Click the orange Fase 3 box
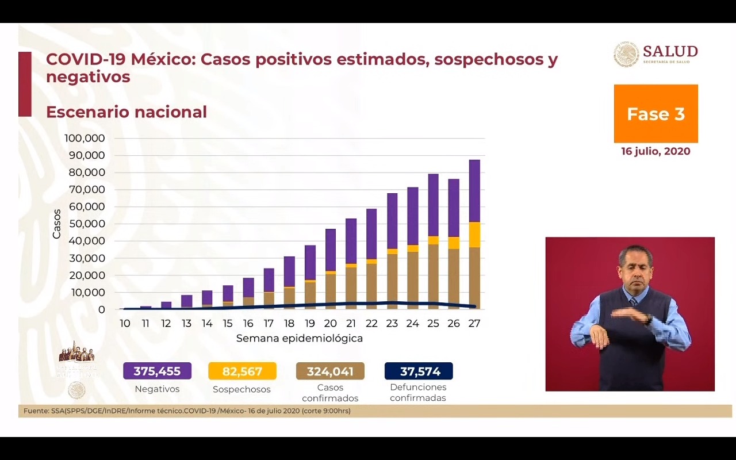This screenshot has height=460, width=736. click(x=655, y=114)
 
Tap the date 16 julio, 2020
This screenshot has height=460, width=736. click(x=655, y=151)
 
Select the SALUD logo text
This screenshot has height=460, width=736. click(x=670, y=51)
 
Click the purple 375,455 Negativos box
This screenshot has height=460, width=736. click(x=157, y=371)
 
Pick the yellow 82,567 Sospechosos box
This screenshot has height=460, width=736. click(x=242, y=371)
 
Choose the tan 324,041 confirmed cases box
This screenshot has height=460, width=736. click(x=330, y=371)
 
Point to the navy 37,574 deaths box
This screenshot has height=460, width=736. click(x=418, y=371)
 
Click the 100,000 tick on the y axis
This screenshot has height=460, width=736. click(x=85, y=139)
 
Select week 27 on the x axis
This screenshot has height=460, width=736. click(x=474, y=324)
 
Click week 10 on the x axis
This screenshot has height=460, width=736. click(x=125, y=324)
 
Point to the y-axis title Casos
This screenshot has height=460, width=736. click(x=57, y=224)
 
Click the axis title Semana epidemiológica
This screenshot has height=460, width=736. click(x=299, y=338)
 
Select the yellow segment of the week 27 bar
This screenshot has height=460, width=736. click(x=474, y=235)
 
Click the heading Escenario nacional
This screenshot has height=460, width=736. click(x=126, y=112)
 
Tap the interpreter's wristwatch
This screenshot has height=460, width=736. click(x=649, y=318)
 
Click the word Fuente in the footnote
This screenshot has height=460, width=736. click(x=36, y=411)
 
